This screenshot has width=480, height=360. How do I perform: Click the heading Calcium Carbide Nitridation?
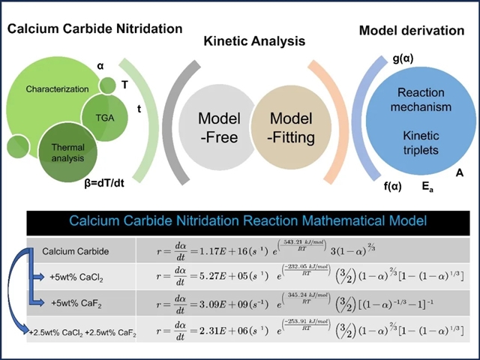pyautogui.click(x=95, y=28)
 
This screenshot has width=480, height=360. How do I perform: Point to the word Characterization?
pyautogui.click(x=56, y=89)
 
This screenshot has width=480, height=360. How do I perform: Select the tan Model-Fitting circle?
pyautogui.click(x=290, y=127)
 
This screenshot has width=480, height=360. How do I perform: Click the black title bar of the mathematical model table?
pyautogui.click(x=248, y=221)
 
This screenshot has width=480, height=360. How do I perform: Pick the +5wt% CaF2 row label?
pyautogui.click(x=80, y=303)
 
